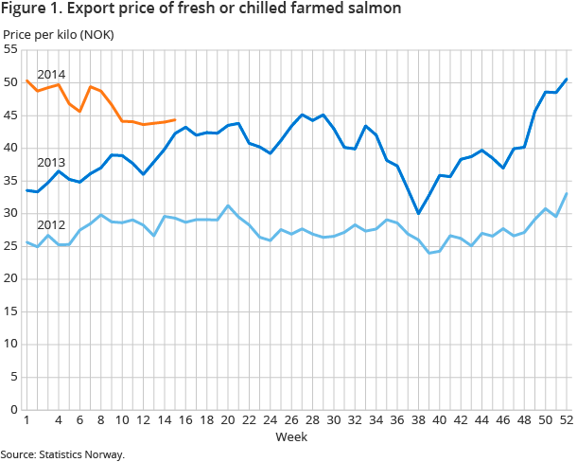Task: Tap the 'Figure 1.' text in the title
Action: [32, 9]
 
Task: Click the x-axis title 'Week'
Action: [289, 437]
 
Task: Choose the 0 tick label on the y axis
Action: [14, 409]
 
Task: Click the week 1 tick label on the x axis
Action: [26, 421]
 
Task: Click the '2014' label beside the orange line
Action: [50, 74]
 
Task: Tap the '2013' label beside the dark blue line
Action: [50, 162]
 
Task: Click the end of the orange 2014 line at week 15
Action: [174, 120]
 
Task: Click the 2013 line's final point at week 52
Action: [566, 79]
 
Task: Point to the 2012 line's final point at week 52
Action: [566, 193]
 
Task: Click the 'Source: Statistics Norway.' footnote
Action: [62, 454]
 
